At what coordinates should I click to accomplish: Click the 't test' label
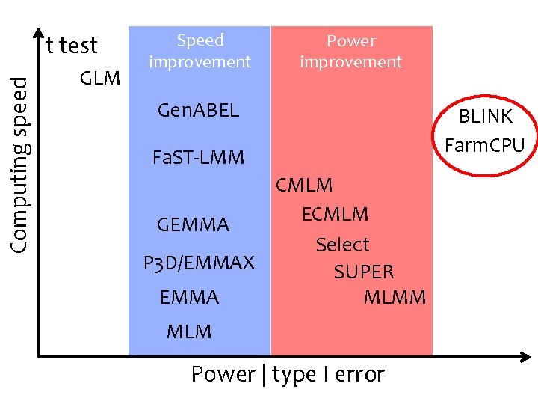[x=72, y=46]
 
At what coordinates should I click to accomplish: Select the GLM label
[x=100, y=77]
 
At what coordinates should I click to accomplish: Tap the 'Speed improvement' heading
[x=200, y=51]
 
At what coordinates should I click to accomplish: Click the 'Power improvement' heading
[x=350, y=52]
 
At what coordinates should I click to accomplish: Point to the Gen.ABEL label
[x=198, y=111]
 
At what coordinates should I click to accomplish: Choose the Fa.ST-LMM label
[x=197, y=158]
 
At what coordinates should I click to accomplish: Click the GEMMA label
[x=193, y=225]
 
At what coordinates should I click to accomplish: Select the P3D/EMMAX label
[x=199, y=263]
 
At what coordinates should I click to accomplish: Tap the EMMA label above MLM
[x=189, y=298]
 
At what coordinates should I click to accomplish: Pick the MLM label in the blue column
[x=189, y=331]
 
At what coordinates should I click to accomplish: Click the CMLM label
[x=304, y=185]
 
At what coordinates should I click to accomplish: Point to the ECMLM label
[x=335, y=214]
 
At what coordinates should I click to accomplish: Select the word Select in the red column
[x=342, y=245]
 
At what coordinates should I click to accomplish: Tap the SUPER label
[x=364, y=272]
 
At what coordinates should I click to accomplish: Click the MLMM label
[x=395, y=298]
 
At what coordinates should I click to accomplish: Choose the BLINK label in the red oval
[x=486, y=117]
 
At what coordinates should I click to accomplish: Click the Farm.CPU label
[x=485, y=145]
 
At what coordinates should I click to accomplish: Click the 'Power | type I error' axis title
[x=288, y=374]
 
